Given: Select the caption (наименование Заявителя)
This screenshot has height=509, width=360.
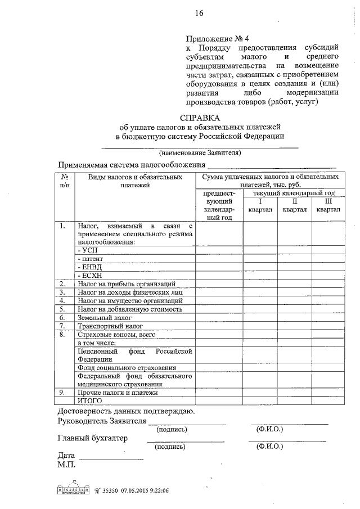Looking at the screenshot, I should click(200, 152).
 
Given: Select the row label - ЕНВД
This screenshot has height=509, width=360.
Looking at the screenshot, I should click(88, 267).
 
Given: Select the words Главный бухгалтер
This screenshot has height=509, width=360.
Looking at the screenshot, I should click(93, 438).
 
